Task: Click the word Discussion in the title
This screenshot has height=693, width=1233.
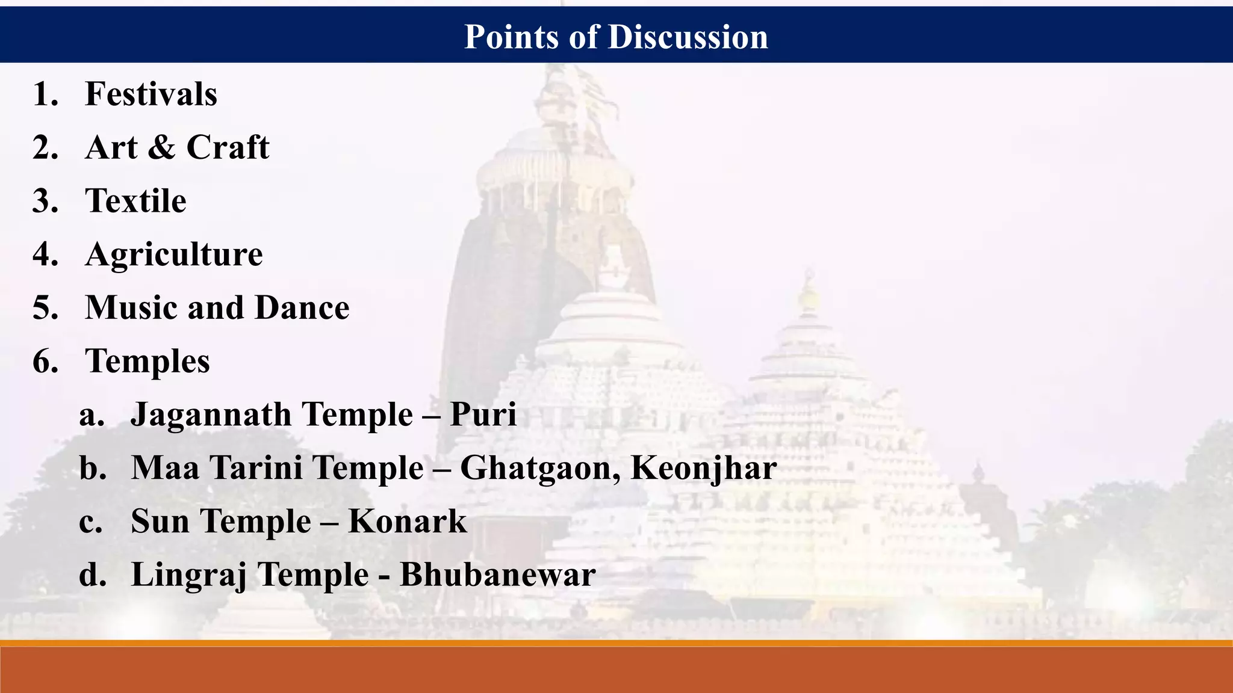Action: coord(688,37)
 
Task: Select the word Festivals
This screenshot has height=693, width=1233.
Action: coord(151,94)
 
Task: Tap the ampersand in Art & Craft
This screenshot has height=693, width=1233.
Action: coord(161,148)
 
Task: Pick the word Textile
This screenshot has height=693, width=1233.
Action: coord(136,201)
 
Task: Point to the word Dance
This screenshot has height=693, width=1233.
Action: coord(302,308)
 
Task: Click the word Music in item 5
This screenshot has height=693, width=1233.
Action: coord(132,308)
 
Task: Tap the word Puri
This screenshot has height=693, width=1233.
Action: coord(483,415)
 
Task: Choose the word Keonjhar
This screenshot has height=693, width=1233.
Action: coord(703,469)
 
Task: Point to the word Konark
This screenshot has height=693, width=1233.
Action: coord(408,522)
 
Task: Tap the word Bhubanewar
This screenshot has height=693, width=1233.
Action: coord(498,575)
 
